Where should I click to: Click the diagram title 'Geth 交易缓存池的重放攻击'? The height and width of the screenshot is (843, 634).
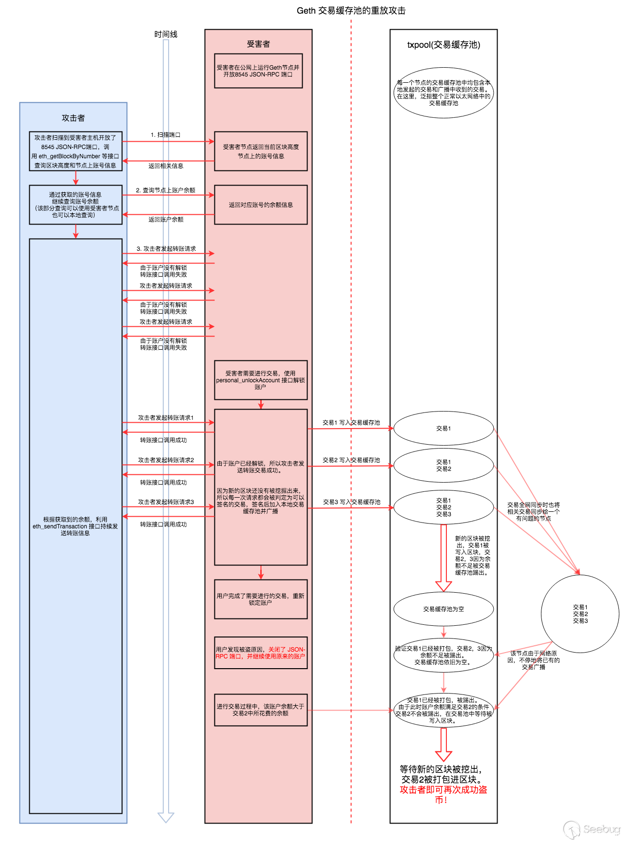click(x=351, y=11)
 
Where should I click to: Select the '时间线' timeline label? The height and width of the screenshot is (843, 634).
click(x=166, y=34)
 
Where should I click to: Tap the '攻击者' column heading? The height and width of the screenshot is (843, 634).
click(x=73, y=118)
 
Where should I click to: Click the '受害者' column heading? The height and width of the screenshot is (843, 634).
click(x=258, y=44)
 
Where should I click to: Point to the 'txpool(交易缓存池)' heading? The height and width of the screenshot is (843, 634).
click(x=443, y=45)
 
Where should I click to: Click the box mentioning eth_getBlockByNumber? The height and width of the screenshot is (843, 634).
click(x=76, y=151)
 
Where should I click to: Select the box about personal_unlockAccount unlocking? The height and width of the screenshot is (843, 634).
click(x=261, y=380)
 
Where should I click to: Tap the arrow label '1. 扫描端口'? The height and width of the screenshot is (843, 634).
click(x=165, y=135)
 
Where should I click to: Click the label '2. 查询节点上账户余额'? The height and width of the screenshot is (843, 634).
click(x=166, y=190)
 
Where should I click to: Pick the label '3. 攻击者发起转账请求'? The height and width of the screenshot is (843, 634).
click(x=166, y=249)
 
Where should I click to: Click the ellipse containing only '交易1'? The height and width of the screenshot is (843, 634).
click(x=443, y=429)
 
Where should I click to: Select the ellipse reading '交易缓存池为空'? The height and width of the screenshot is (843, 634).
click(x=443, y=609)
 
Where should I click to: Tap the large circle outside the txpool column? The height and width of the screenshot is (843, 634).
click(x=580, y=614)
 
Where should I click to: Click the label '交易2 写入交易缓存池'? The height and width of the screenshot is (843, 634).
click(x=351, y=460)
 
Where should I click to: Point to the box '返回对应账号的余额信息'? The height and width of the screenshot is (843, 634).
click(x=261, y=205)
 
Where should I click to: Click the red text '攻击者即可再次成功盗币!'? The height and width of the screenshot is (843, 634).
click(x=443, y=794)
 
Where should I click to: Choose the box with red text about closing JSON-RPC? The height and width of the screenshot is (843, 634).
click(x=261, y=653)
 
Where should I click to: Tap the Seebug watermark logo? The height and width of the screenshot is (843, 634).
click(x=592, y=829)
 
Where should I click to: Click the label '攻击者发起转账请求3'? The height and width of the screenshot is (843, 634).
click(x=166, y=502)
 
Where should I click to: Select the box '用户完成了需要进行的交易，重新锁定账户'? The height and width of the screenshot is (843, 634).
click(x=261, y=599)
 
